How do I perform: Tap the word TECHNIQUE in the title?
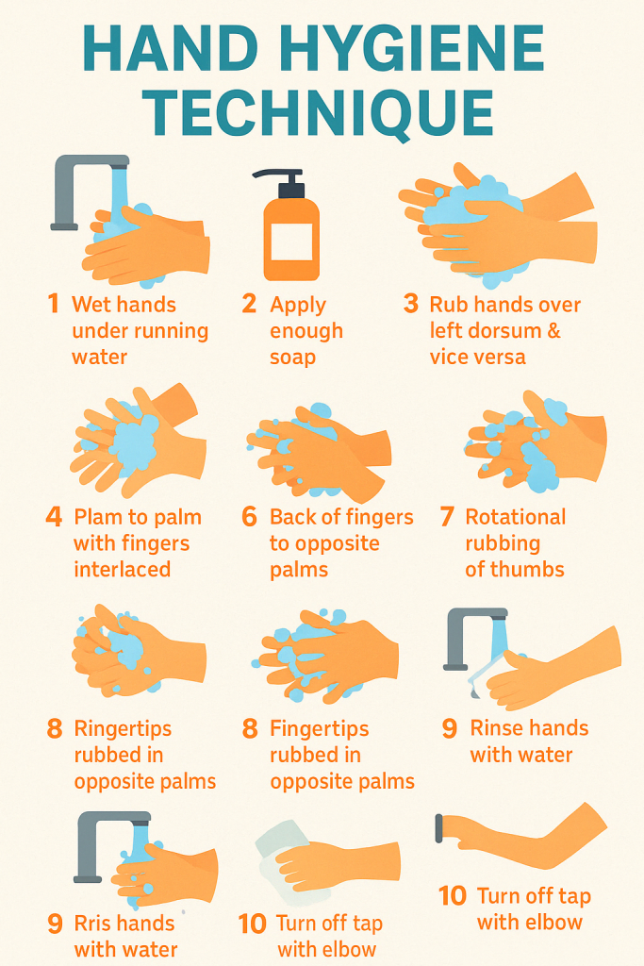click(x=319, y=113)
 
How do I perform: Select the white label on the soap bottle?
click(x=292, y=242)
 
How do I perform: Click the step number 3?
click(x=411, y=304)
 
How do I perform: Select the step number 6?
click(x=249, y=516)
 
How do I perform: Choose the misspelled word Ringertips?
click(x=124, y=729)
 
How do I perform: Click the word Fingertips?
click(x=320, y=729)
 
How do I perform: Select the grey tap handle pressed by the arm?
click(x=439, y=828)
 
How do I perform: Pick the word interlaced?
click(x=122, y=569)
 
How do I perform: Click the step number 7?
click(x=448, y=516)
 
